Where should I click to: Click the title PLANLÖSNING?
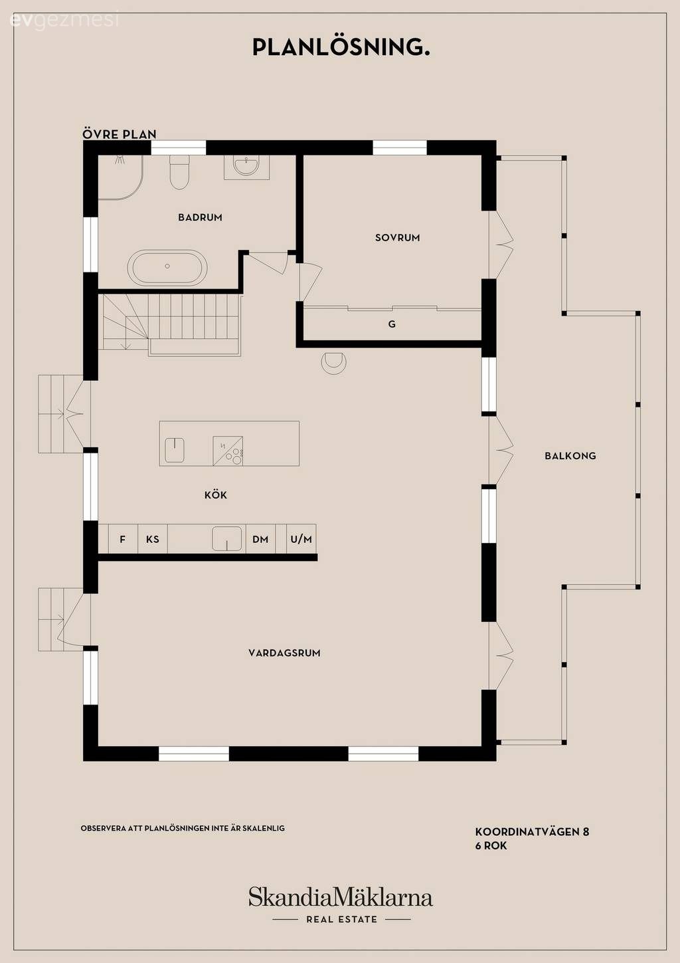tap(341, 47)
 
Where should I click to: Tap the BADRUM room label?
tap(200, 217)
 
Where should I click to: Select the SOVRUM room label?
tap(397, 238)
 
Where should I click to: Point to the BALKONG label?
tap(570, 456)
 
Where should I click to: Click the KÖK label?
tap(216, 494)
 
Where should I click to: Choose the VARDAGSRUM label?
tap(284, 653)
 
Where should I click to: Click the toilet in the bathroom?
tap(179, 172)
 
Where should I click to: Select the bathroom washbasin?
tap(246, 166)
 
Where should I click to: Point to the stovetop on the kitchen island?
tap(228, 451)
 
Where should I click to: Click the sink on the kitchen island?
tap(175, 450)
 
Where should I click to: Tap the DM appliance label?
tap(260, 539)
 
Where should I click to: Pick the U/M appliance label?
tap(301, 539)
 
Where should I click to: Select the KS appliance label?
tap(153, 539)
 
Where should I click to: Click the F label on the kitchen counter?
tap(122, 539)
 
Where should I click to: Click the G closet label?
tap(392, 324)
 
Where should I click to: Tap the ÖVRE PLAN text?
tap(120, 134)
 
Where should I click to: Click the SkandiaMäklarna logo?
tap(341, 898)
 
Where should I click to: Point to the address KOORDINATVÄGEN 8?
tap(532, 832)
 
